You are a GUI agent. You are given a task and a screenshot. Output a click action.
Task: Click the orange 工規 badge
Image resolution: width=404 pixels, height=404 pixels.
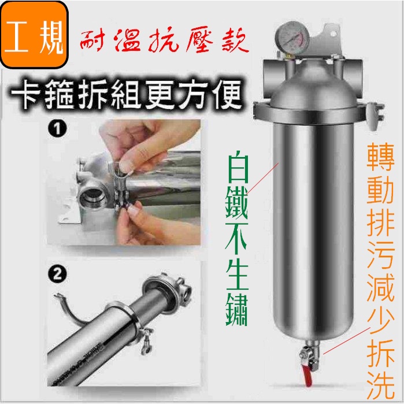click(34, 35)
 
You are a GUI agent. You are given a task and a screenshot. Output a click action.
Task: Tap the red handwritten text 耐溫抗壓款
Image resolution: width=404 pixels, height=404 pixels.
click(164, 41)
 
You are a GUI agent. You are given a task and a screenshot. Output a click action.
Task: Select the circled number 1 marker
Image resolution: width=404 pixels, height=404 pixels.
click(57, 128)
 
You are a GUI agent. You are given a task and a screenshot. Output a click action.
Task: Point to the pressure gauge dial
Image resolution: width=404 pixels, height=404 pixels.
click(293, 38)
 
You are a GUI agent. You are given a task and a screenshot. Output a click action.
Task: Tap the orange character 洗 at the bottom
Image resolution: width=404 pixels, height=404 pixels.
click(381, 387)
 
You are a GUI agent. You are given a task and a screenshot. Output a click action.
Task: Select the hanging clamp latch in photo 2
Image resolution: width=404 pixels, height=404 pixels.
click(146, 341)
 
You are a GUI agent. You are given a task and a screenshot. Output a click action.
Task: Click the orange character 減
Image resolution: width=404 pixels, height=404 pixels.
click(381, 288)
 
